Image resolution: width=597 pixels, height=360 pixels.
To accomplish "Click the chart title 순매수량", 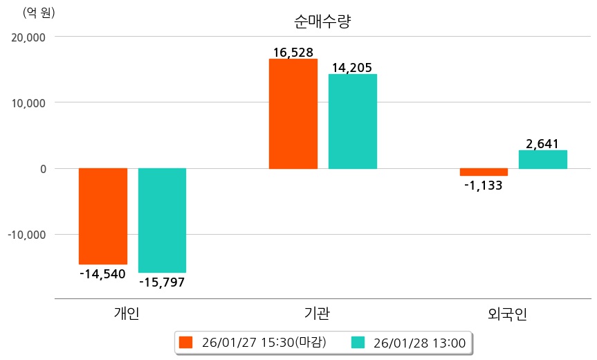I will [322, 21].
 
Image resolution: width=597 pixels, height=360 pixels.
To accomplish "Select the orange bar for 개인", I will [103, 216].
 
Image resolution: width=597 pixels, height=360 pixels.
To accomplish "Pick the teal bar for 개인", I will [162, 220].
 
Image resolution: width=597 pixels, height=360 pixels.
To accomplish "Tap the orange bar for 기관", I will [293, 114].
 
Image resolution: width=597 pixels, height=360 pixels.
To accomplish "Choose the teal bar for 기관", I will [353, 121].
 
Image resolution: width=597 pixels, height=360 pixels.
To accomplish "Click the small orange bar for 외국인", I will [484, 172].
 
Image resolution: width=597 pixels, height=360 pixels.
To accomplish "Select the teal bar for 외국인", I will [543, 159].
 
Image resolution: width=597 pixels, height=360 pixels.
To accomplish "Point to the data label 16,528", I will [293, 52].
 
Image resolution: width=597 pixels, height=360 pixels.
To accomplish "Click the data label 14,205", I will [352, 67].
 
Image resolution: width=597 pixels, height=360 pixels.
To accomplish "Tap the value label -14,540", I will [102, 274].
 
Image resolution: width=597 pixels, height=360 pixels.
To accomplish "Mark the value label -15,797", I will [162, 282].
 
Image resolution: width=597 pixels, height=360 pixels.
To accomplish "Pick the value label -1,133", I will [483, 186].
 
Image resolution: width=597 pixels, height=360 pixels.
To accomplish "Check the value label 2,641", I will [543, 144].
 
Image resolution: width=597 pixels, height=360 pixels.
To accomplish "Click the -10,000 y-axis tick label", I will [26, 235].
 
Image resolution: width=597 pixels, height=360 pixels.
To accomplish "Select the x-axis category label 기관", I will [317, 314].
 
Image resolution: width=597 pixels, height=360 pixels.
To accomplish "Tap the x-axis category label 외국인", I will [507, 314].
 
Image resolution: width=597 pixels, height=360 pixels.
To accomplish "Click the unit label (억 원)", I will [39, 12].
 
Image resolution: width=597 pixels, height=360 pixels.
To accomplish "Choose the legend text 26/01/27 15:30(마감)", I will [264, 342].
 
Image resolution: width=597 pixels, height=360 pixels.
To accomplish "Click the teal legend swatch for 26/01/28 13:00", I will [358, 342].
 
